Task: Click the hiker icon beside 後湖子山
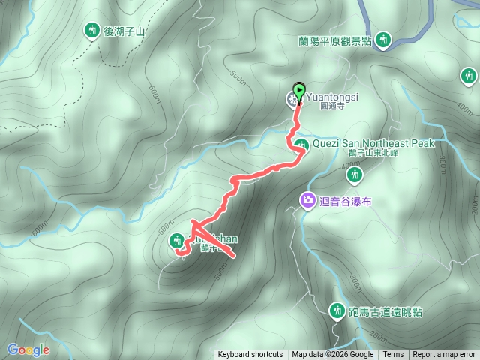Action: click(x=92, y=30)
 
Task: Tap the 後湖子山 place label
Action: click(x=124, y=31)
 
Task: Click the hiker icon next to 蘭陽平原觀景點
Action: click(x=384, y=39)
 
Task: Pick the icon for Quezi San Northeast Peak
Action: click(x=301, y=145)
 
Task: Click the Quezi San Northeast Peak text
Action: click(x=373, y=142)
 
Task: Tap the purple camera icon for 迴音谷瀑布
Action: click(x=307, y=200)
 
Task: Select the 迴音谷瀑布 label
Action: click(x=346, y=201)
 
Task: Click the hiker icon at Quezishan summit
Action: click(x=177, y=240)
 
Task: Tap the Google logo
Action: click(x=28, y=349)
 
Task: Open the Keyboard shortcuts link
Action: click(x=250, y=355)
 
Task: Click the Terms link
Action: click(x=393, y=355)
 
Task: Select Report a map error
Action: click(x=444, y=355)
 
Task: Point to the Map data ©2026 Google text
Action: click(x=333, y=355)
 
